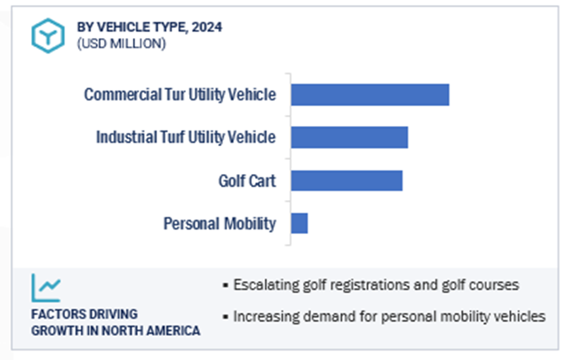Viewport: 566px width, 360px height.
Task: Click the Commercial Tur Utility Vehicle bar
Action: pyautogui.click(x=370, y=95)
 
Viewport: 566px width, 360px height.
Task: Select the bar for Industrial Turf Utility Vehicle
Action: pyautogui.click(x=349, y=137)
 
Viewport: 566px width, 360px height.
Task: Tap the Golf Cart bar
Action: pyautogui.click(x=347, y=180)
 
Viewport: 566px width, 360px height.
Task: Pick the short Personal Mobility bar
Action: pyautogui.click(x=299, y=223)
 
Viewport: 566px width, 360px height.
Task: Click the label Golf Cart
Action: pyautogui.click(x=247, y=181)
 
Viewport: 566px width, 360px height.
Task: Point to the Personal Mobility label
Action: pyautogui.click(x=219, y=223)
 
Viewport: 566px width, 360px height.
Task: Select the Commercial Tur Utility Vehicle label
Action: pyautogui.click(x=180, y=95)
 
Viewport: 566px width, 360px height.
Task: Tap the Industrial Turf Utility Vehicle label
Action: pyautogui.click(x=186, y=137)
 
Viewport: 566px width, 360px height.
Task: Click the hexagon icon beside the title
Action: pyautogui.click(x=47, y=35)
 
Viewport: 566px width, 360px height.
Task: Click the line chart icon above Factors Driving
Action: pyautogui.click(x=46, y=289)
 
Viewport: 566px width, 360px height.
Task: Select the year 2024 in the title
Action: pyautogui.click(x=209, y=27)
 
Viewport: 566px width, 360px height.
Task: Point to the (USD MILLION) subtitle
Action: pyautogui.click(x=121, y=44)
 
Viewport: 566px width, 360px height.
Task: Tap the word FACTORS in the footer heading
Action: pyautogui.click(x=55, y=314)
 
